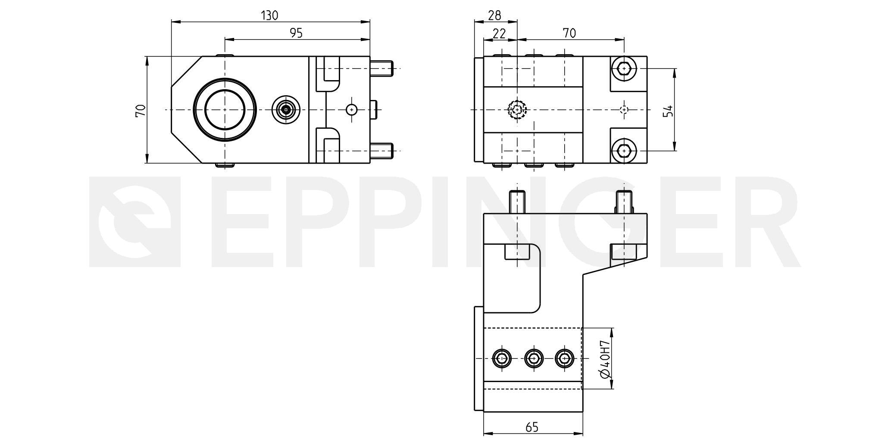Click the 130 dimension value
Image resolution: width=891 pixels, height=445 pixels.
(x=270, y=16)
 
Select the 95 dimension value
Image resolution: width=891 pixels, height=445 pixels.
(x=296, y=33)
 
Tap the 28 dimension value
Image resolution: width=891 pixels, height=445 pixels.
(x=494, y=16)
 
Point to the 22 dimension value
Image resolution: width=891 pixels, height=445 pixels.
(x=499, y=33)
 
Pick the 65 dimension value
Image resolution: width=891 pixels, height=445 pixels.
(x=532, y=427)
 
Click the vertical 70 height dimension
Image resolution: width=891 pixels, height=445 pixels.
(x=141, y=111)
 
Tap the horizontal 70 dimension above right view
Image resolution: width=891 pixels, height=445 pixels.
(x=569, y=33)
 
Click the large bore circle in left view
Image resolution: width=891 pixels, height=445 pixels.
(x=225, y=78)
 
